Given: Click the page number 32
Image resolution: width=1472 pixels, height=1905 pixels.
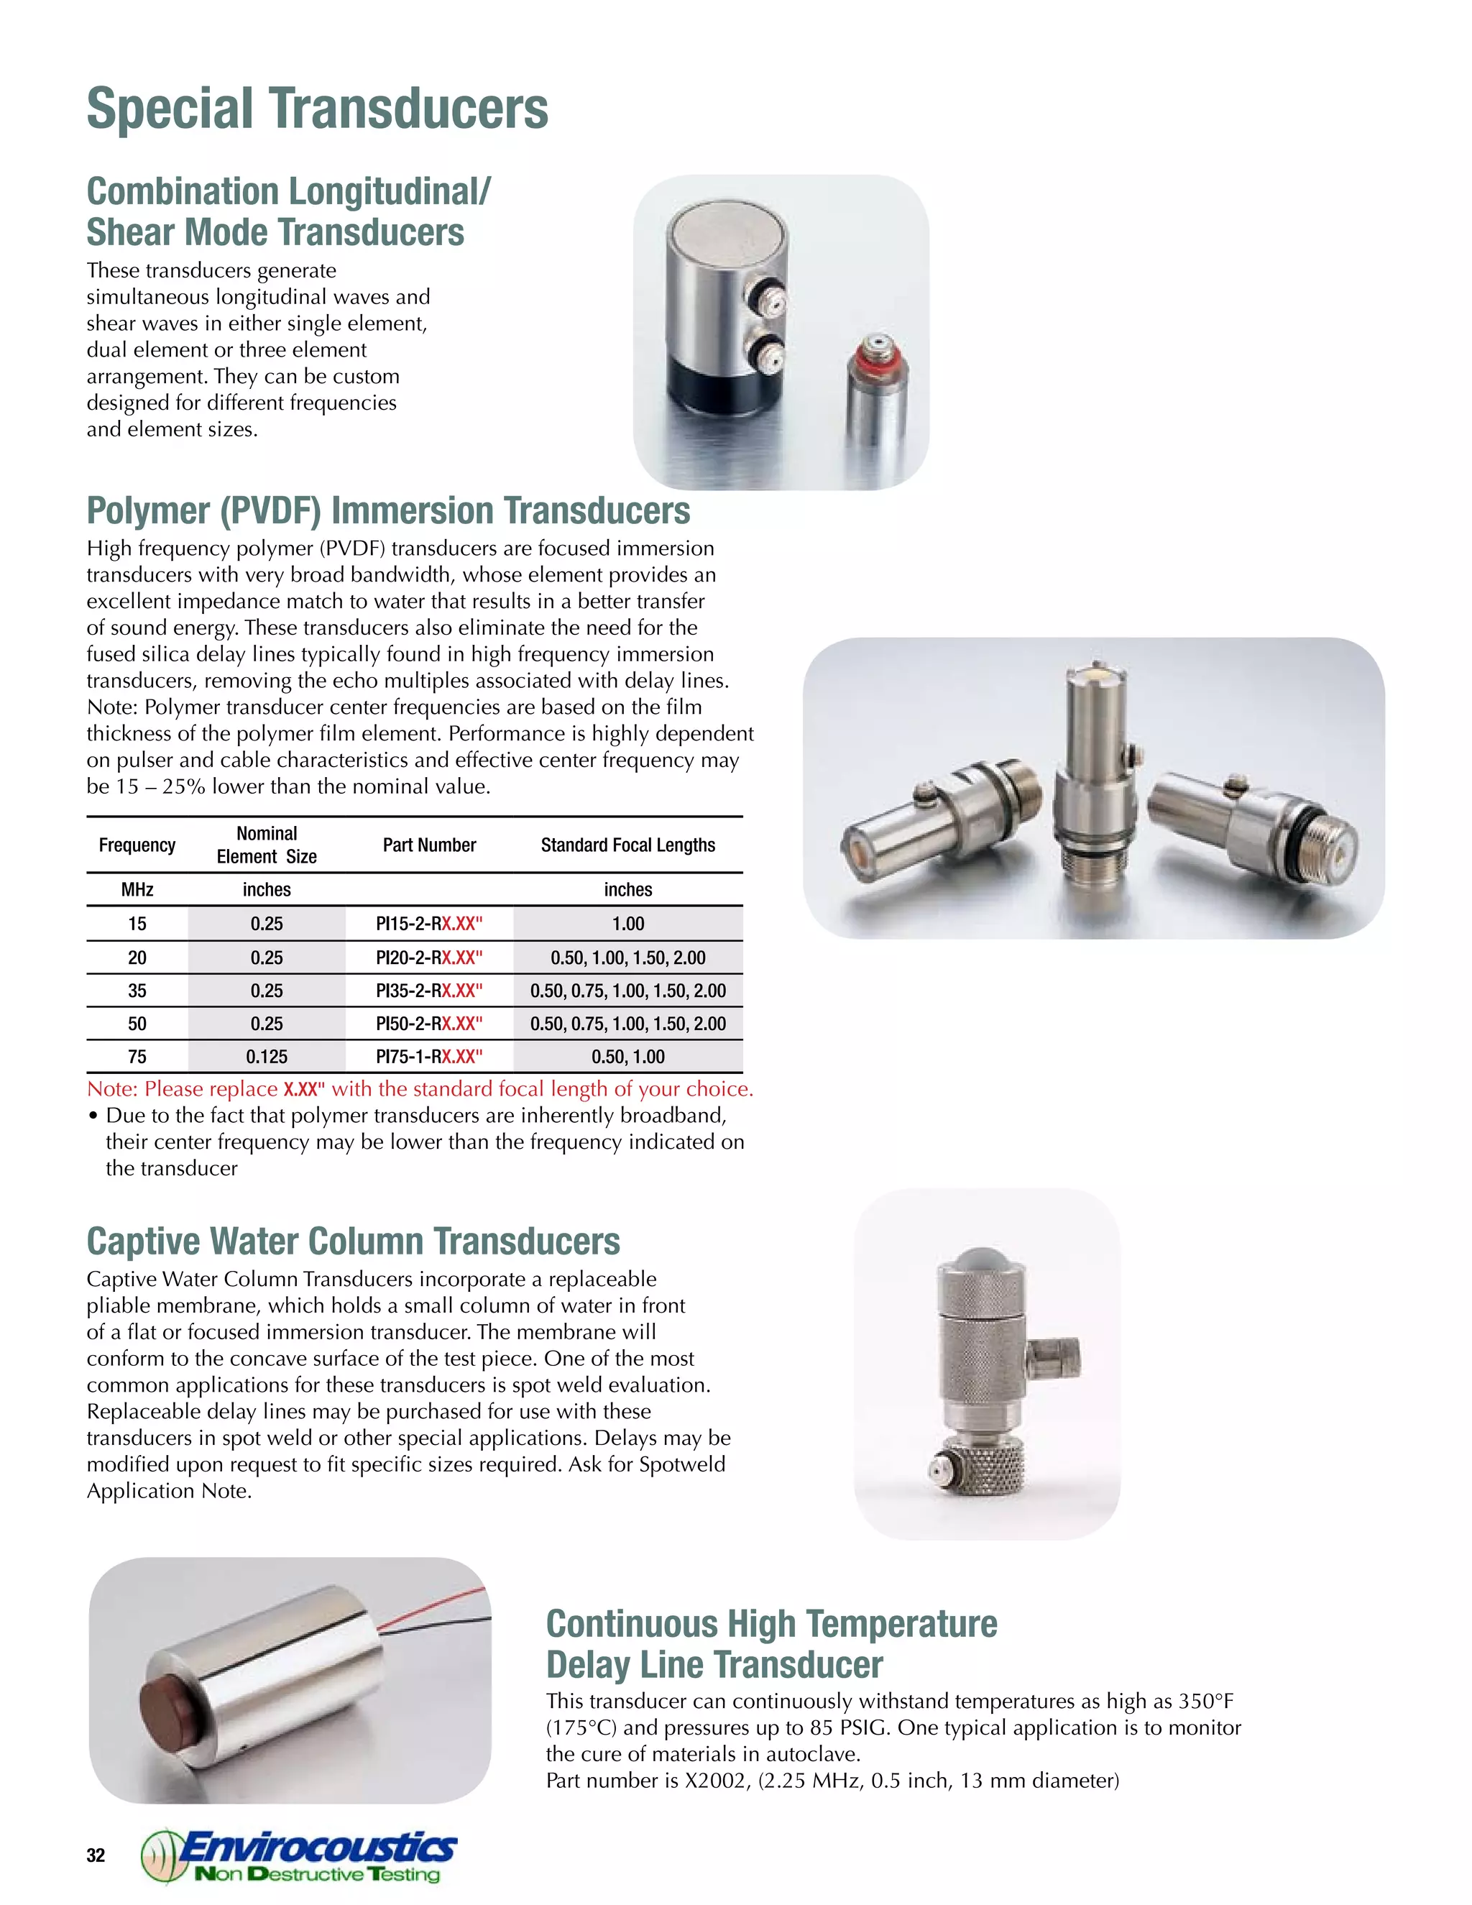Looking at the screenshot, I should pos(96,1855).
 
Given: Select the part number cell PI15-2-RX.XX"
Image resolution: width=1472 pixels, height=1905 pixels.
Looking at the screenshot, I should pos(429,924).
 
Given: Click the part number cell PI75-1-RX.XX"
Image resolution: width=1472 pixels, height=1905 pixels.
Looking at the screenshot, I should pos(429,1056).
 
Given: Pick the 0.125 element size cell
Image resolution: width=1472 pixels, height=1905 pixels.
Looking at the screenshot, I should pos(267,1056).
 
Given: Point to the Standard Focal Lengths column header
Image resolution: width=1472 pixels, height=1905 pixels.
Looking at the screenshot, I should pos(628,845).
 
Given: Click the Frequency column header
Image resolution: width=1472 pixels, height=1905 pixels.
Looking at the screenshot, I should pos(137,845).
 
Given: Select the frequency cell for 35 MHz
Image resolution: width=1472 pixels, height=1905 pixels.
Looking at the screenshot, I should pos(137,991).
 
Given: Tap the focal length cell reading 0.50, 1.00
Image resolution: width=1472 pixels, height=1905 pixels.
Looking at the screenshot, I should pos(628,1056).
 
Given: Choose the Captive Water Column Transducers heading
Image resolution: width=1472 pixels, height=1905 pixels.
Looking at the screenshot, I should pos(353,1241).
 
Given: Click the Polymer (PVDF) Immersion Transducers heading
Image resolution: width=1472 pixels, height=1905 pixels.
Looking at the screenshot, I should pos(388,511).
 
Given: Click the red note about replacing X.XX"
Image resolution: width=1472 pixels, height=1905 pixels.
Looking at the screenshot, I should pos(420,1088).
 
